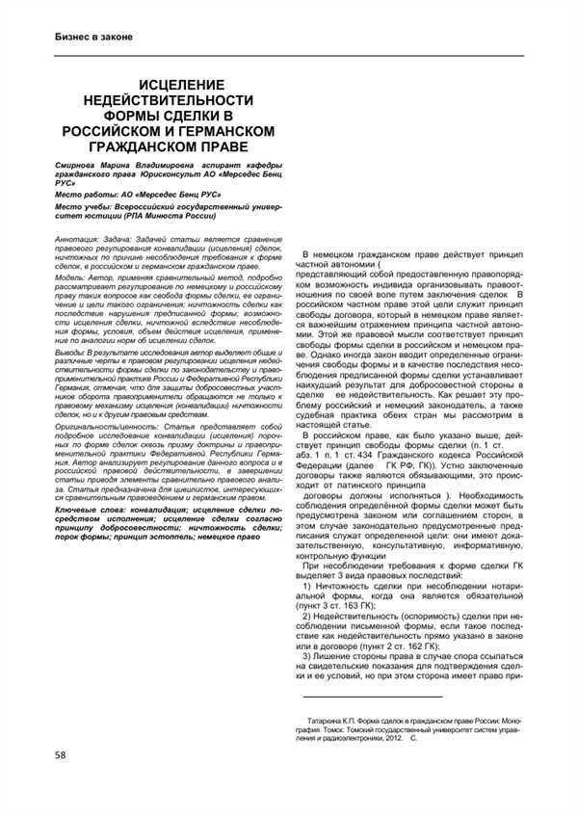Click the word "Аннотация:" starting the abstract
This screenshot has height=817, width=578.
pyautogui.click(x=77, y=237)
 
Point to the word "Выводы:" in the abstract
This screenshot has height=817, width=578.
pyautogui.click(x=72, y=326)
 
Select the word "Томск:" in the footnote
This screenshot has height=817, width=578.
pyautogui.click(x=325, y=729)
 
